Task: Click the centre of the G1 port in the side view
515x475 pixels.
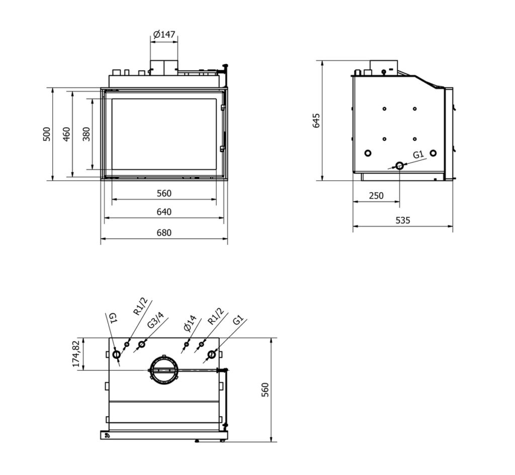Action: tap(399, 166)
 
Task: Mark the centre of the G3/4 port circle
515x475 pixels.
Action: tap(141, 345)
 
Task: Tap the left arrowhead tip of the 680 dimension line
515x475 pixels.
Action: tap(101, 239)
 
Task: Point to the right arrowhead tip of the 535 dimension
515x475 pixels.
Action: tap(453, 226)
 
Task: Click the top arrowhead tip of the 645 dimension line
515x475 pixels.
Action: tap(322, 61)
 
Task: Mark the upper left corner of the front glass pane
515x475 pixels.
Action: tap(112, 99)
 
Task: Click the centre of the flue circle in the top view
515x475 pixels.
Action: tap(164, 370)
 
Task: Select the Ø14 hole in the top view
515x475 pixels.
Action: tap(186, 345)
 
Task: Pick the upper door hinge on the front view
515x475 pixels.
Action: tap(222, 108)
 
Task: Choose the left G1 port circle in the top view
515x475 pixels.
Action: tap(116, 354)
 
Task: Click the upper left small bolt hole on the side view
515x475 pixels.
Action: tap(384, 109)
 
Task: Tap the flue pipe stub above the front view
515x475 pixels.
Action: tap(164, 68)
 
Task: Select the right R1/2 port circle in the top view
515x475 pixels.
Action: tap(201, 344)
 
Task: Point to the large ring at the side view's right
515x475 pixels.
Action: tap(433, 153)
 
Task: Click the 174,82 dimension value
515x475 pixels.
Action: tap(76, 353)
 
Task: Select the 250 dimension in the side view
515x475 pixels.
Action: tap(376, 196)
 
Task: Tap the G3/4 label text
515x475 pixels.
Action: tap(155, 320)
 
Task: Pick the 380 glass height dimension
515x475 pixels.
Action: tap(86, 134)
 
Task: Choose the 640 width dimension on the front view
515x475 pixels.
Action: tap(163, 212)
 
